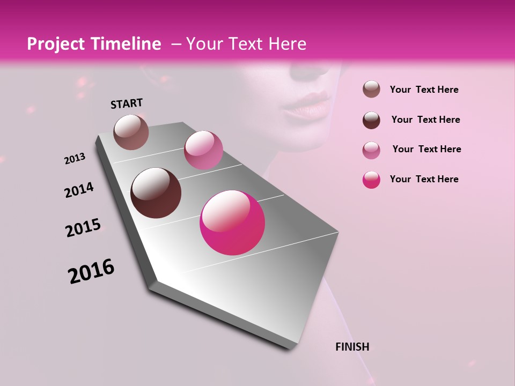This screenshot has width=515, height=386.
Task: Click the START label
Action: click(127, 103)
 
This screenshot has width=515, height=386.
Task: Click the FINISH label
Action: click(352, 347)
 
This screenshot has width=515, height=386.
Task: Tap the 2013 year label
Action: click(75, 159)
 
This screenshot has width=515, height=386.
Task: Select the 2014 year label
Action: click(79, 190)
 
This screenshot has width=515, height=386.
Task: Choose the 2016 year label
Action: click(91, 271)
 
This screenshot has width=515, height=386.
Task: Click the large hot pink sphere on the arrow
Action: click(232, 222)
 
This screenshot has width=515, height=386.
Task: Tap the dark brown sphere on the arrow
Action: click(156, 193)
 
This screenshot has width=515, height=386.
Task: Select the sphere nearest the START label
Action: click(131, 132)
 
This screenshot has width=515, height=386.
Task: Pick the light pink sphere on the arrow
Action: click(203, 150)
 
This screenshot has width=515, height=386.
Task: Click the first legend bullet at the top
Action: click(371, 90)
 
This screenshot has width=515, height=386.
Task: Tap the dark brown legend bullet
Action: click(371, 120)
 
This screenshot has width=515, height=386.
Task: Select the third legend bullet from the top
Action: click(371, 150)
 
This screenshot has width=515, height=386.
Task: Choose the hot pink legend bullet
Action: click(371, 180)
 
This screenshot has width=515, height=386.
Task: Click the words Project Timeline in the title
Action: click(94, 44)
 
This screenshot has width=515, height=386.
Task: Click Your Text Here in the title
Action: click(246, 44)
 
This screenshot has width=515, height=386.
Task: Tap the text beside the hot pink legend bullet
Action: click(424, 179)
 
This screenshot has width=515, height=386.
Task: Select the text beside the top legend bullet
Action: click(424, 90)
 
